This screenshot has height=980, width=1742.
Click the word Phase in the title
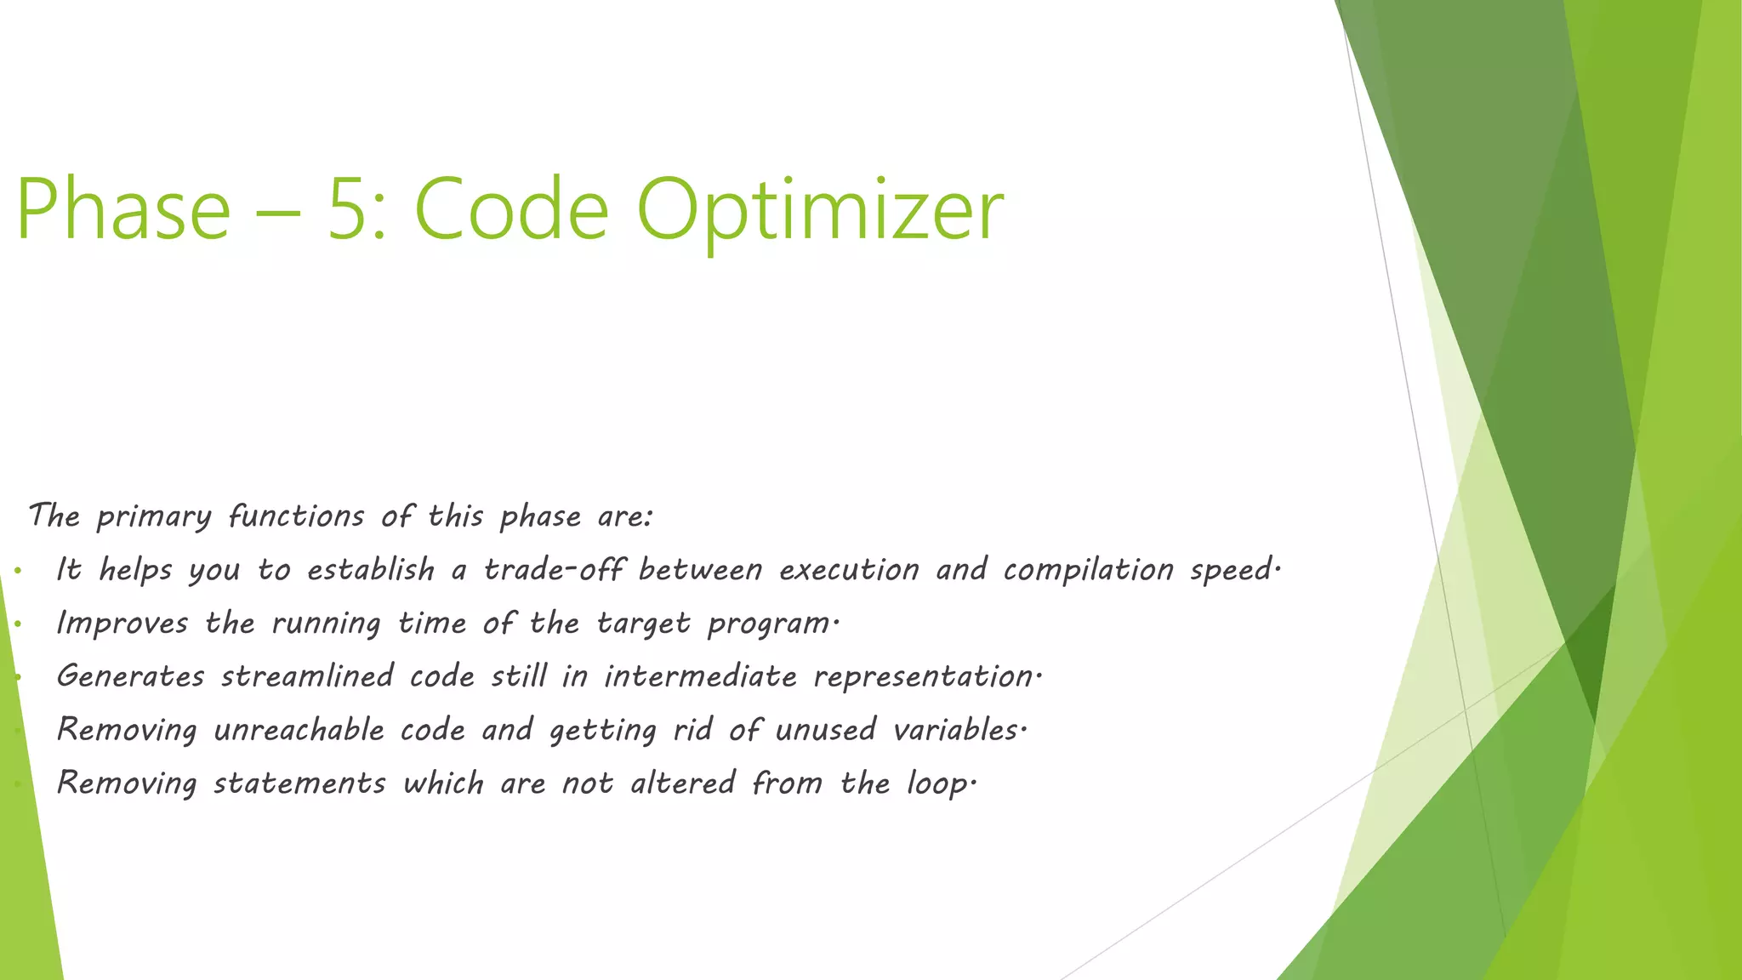[123, 209]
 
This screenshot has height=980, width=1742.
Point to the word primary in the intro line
[154, 517]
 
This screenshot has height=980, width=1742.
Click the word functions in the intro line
[296, 516]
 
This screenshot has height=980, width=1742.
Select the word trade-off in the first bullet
[554, 569]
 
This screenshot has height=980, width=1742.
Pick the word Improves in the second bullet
[122, 624]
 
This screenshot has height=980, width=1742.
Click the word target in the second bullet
[643, 624]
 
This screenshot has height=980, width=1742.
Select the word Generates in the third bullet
[130, 676]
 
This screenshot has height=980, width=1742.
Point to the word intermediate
[700, 676]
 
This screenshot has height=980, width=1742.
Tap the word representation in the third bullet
[924, 677]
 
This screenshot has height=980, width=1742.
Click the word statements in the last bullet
[299, 783]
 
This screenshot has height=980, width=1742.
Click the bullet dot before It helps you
[18, 571]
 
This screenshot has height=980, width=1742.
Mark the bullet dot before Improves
[18, 624]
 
